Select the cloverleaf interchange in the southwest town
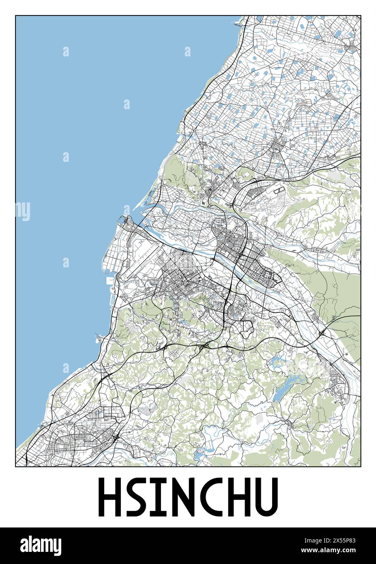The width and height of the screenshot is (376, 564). click(117, 438)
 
